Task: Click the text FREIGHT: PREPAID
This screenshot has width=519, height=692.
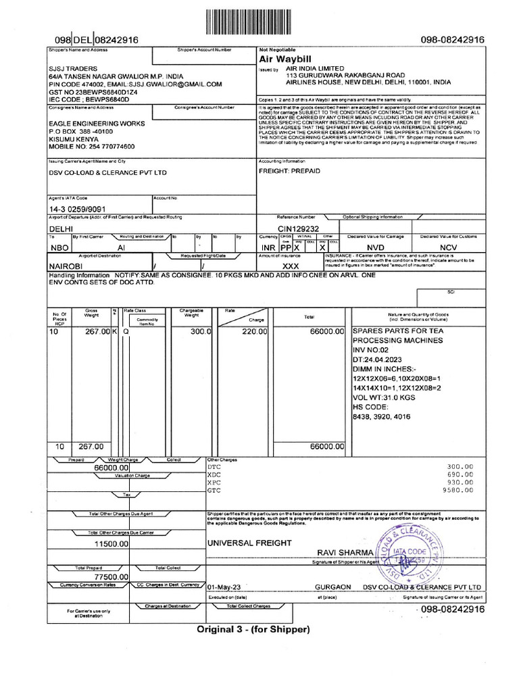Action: click(289, 172)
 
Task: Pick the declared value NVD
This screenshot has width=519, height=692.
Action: click(375, 248)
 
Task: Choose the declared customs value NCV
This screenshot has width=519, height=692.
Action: click(448, 248)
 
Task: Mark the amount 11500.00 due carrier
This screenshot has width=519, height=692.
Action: click(111, 544)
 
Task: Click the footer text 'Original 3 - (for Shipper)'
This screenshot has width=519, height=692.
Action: click(253, 629)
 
